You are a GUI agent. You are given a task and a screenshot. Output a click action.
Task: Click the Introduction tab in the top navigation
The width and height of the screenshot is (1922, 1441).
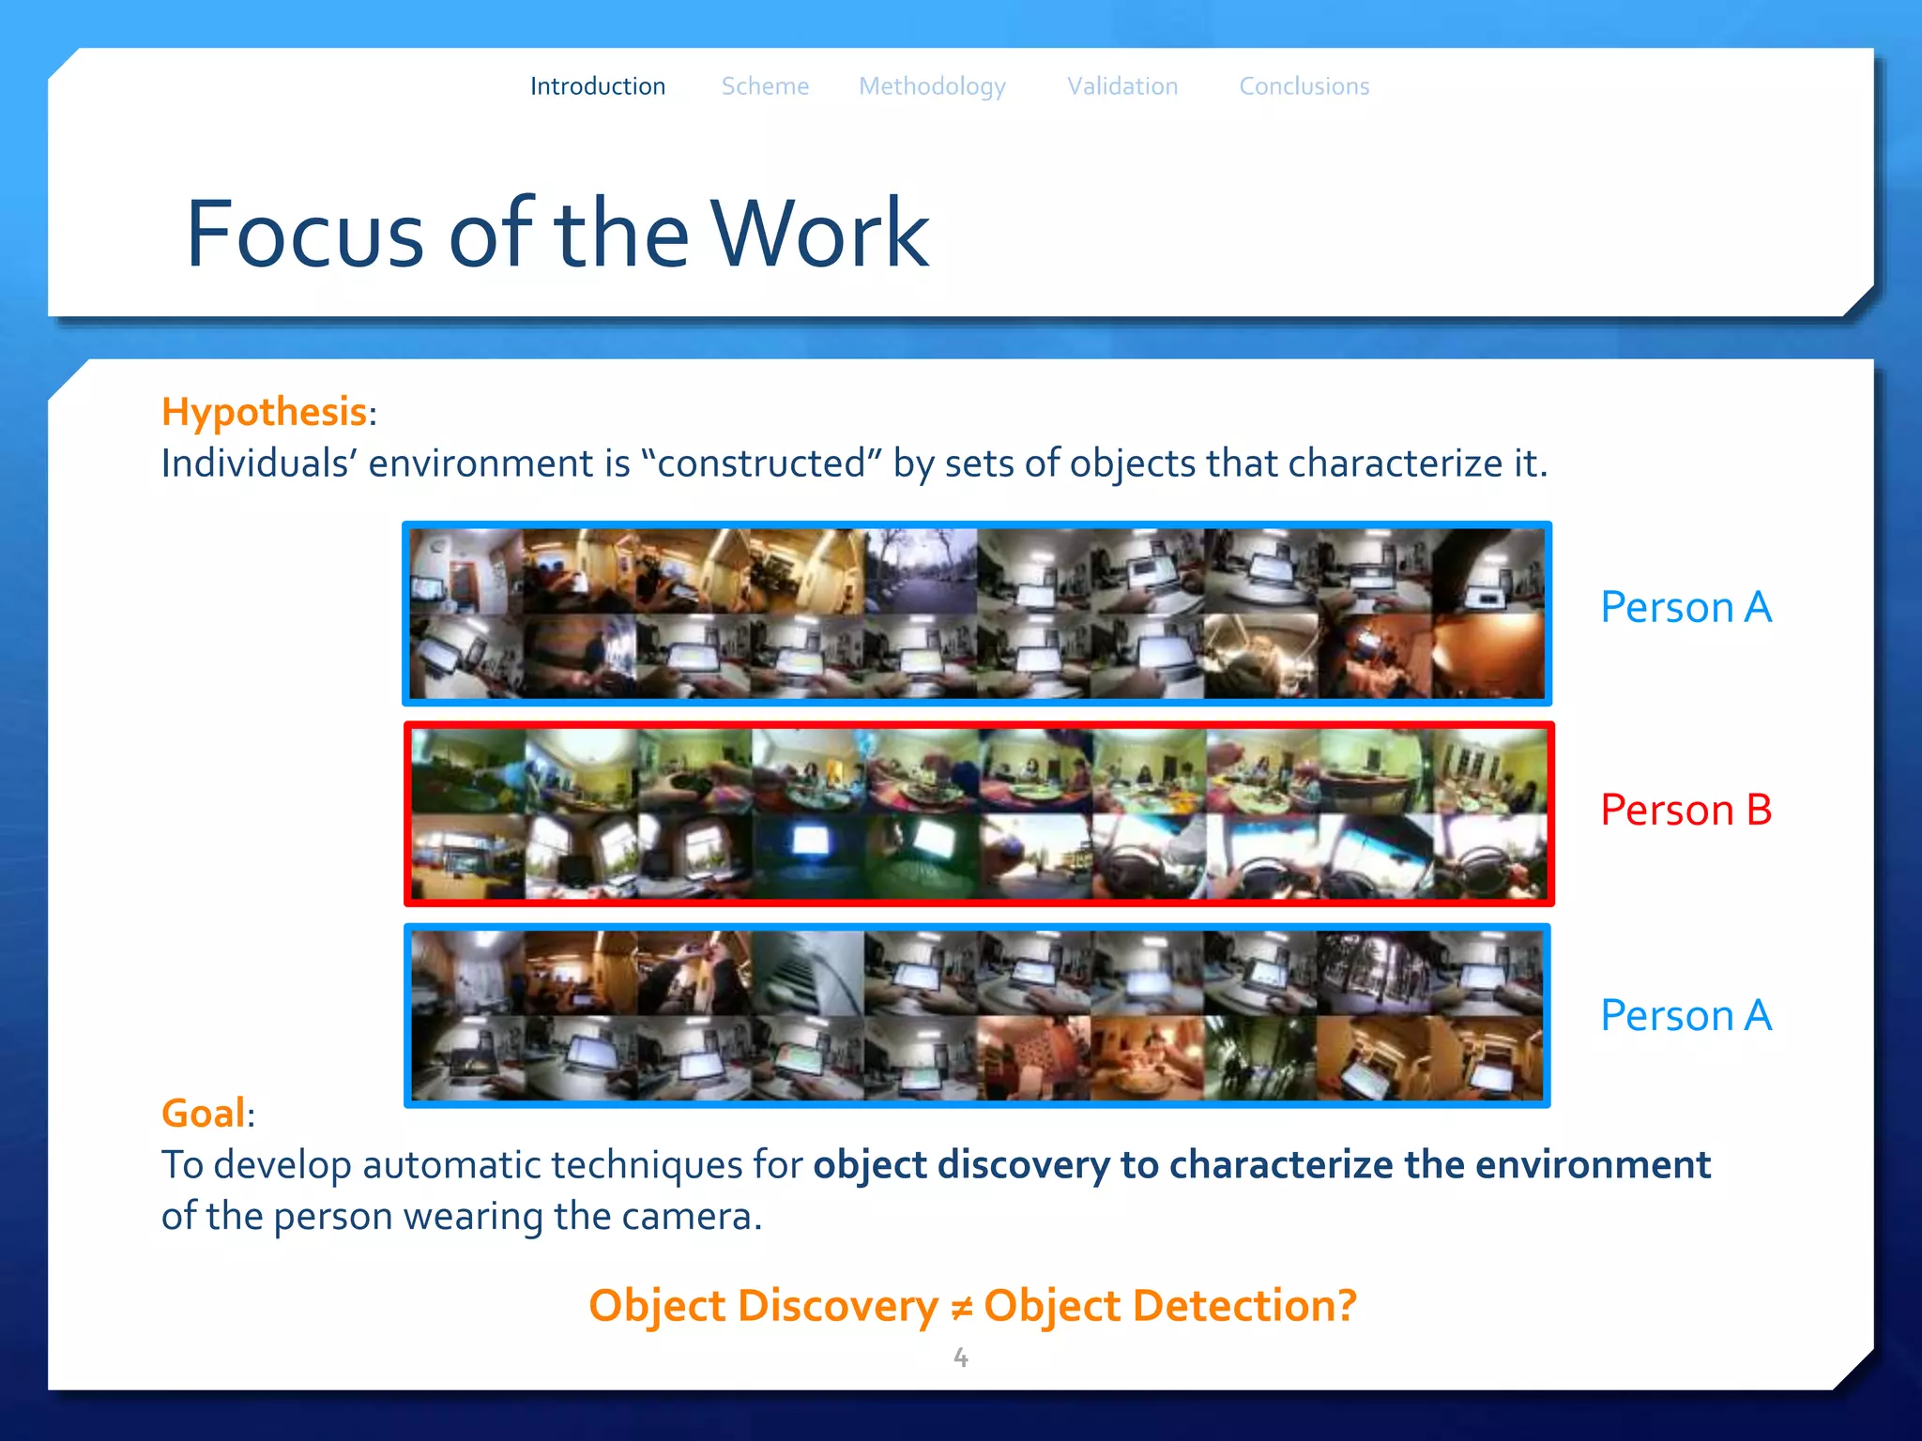click(x=598, y=86)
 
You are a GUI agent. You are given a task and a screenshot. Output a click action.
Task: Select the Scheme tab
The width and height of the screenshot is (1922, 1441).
click(x=765, y=86)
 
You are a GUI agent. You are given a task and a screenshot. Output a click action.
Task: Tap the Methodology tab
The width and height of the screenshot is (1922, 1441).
click(x=932, y=87)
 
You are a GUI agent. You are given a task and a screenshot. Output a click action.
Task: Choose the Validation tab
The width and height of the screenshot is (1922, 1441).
click(x=1122, y=86)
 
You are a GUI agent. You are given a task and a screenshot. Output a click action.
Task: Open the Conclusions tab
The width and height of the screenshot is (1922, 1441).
click(x=1304, y=86)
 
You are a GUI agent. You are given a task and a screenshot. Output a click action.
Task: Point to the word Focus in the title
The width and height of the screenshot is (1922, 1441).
click(x=306, y=234)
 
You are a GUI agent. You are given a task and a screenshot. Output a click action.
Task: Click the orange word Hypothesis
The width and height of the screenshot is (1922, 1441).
click(x=264, y=412)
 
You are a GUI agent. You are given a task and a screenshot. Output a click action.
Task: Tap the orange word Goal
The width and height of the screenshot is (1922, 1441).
click(x=204, y=1114)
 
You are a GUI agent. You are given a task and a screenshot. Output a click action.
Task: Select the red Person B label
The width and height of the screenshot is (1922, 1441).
click(x=1686, y=810)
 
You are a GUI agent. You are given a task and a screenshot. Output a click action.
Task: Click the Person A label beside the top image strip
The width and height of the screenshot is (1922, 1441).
click(x=1686, y=607)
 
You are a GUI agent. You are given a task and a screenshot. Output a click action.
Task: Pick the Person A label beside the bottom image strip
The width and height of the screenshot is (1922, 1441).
click(x=1686, y=1015)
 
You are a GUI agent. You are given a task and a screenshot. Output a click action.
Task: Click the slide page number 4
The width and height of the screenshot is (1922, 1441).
click(x=961, y=1357)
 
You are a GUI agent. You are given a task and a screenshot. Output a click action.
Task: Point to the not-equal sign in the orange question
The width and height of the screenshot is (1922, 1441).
click(x=961, y=1307)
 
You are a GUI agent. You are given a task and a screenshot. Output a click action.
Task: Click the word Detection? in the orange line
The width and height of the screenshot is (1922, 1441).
click(x=1170, y=1306)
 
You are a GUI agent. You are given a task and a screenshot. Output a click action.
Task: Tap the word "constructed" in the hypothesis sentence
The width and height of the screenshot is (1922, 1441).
click(x=762, y=463)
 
